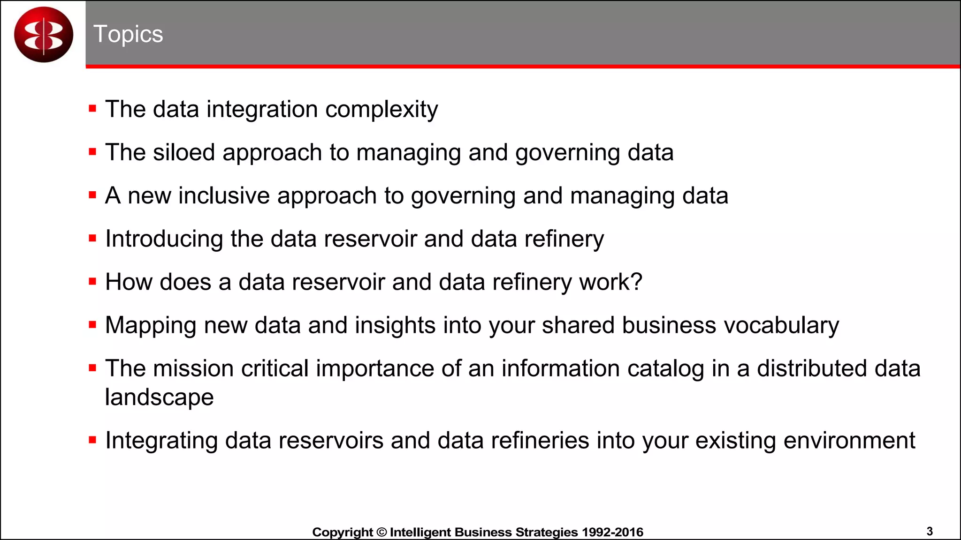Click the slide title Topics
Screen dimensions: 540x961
[x=128, y=34]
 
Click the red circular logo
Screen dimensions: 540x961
[x=44, y=35]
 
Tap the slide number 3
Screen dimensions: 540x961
[x=930, y=531]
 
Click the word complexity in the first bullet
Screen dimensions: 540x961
[x=381, y=110]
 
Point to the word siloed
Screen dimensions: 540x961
[x=183, y=152]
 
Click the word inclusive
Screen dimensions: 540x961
[x=224, y=195]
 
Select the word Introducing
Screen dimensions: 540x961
[x=164, y=239]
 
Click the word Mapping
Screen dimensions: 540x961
[x=151, y=326]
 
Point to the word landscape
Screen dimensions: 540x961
[x=159, y=397]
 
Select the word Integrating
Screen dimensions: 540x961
[x=161, y=441]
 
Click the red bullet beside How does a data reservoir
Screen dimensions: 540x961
[x=92, y=282]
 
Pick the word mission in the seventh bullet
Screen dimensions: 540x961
[x=193, y=368]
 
